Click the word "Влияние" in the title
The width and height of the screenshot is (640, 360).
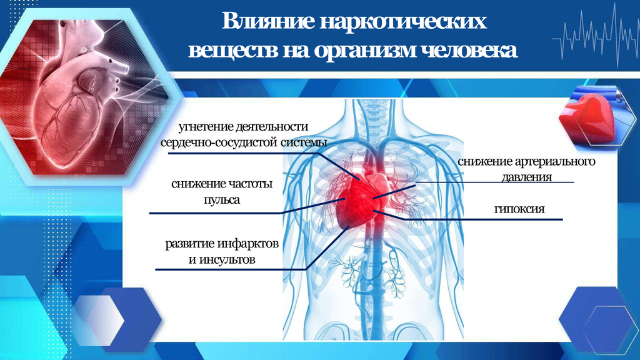click(268, 21)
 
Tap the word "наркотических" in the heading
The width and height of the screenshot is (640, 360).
click(403, 21)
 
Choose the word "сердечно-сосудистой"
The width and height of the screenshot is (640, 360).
click(219, 143)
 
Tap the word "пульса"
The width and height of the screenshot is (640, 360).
click(222, 200)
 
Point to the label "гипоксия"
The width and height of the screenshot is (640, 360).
click(519, 209)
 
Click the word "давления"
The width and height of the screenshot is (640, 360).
click(526, 177)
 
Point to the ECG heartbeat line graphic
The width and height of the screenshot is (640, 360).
click(596, 36)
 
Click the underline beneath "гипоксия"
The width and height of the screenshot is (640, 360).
click(483, 219)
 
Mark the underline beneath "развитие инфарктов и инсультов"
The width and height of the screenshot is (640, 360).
click(231, 269)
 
